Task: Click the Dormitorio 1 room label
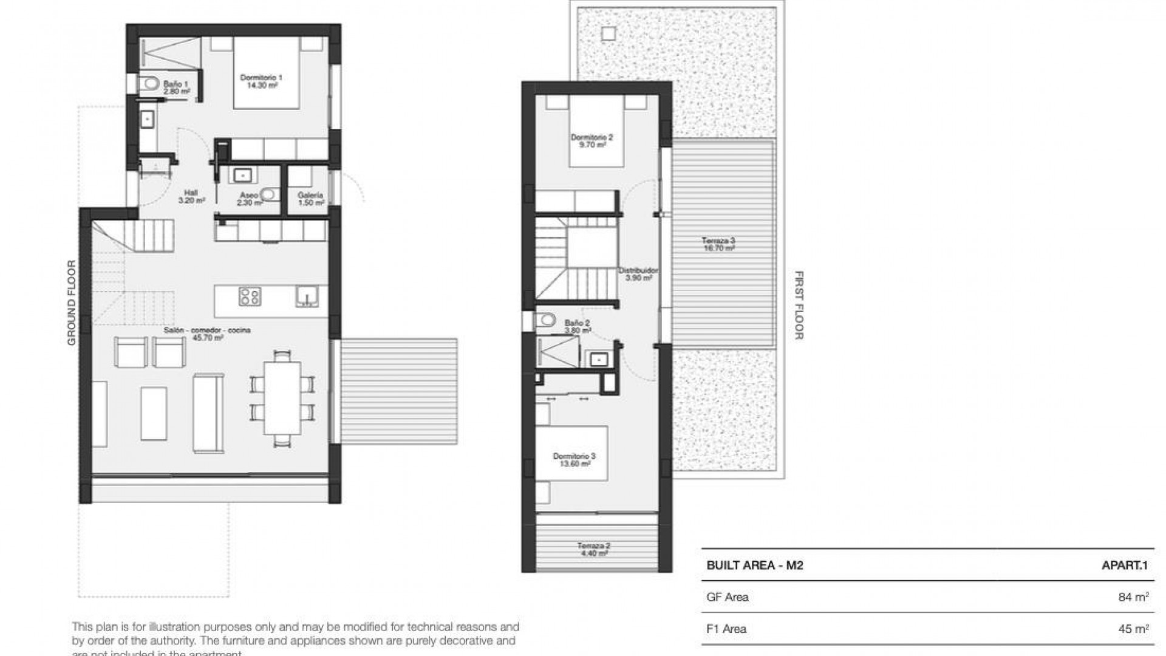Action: click(261, 81)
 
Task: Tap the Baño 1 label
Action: click(176, 87)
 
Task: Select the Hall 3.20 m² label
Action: click(190, 196)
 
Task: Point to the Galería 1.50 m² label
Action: click(310, 199)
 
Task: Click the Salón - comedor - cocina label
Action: click(207, 333)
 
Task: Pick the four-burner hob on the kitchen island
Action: click(250, 296)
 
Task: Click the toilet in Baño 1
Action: click(148, 83)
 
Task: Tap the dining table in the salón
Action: click(282, 397)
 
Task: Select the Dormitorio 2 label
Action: click(592, 141)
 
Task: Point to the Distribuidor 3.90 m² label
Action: click(638, 274)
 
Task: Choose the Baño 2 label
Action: click(577, 327)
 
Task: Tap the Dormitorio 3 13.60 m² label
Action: click(574, 460)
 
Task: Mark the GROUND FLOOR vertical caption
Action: click(72, 303)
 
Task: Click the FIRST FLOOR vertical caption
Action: click(799, 305)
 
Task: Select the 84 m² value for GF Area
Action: click(1133, 597)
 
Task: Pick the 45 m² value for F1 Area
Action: click(1133, 629)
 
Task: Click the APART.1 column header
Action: click(1125, 565)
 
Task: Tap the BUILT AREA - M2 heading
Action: click(755, 565)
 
